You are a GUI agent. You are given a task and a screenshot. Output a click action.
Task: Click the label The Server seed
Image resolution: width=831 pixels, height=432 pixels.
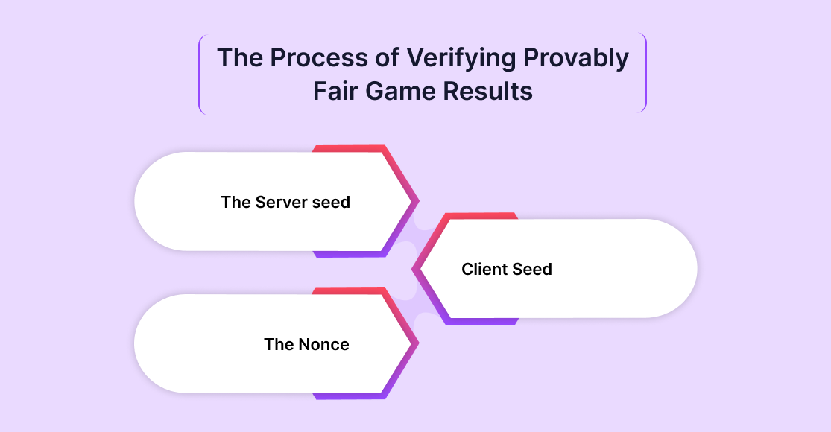point(285,202)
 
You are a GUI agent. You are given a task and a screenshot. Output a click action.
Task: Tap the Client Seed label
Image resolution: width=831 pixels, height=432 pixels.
point(507,269)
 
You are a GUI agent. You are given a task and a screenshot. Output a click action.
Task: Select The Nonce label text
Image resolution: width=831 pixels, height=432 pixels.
point(306,344)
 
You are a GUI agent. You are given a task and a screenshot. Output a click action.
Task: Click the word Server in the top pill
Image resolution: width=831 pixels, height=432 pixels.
point(281,202)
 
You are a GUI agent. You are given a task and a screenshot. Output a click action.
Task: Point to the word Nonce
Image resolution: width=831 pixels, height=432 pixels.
point(323,344)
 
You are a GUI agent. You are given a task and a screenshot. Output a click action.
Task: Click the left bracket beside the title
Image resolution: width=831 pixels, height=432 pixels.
point(200,74)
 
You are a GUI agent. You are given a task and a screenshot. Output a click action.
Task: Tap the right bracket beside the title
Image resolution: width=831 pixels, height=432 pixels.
point(645,74)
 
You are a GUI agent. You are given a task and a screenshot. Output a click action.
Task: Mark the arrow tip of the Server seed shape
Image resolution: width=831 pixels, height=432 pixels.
point(416,201)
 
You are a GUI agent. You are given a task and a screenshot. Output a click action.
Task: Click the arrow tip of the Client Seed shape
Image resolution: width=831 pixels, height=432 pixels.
point(415,268)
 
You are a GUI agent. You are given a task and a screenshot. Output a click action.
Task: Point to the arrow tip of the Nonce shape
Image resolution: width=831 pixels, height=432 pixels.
point(416,343)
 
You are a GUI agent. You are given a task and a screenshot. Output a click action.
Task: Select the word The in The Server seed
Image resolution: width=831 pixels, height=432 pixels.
point(236,202)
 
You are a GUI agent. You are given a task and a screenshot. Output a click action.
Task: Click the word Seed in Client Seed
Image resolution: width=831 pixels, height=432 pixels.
point(531,269)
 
